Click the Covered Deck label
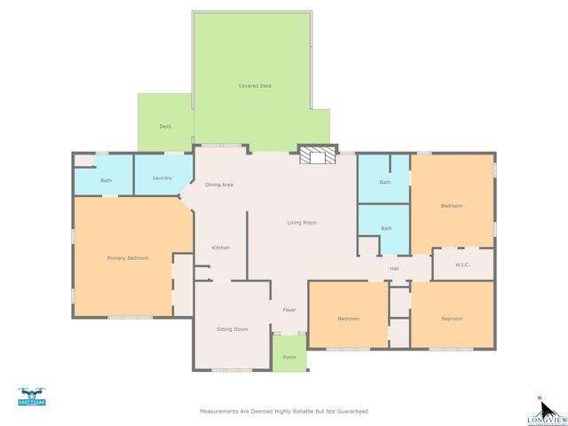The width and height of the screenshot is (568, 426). pyautogui.click(x=255, y=86)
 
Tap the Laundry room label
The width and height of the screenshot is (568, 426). pyautogui.click(x=162, y=177)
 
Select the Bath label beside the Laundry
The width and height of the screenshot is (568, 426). pyautogui.click(x=106, y=181)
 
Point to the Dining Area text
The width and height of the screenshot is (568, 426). pyautogui.click(x=219, y=185)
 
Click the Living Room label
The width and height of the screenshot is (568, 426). pyautogui.click(x=302, y=222)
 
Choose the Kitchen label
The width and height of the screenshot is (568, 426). pyautogui.click(x=220, y=248)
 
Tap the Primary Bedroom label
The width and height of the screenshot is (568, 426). pyautogui.click(x=128, y=257)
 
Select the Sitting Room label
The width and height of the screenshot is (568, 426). pyautogui.click(x=232, y=329)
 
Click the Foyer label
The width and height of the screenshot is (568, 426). pyautogui.click(x=289, y=310)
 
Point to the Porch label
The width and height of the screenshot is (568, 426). pyautogui.click(x=289, y=357)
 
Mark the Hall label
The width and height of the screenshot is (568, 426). pyautogui.click(x=393, y=268)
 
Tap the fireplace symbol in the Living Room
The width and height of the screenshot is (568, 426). pyautogui.click(x=317, y=157)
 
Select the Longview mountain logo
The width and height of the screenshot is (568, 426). pyautogui.click(x=543, y=411)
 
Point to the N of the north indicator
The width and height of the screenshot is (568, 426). pyautogui.click(x=538, y=398)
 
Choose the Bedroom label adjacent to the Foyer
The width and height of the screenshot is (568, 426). pyautogui.click(x=348, y=319)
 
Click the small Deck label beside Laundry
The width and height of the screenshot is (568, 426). pyautogui.click(x=165, y=127)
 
